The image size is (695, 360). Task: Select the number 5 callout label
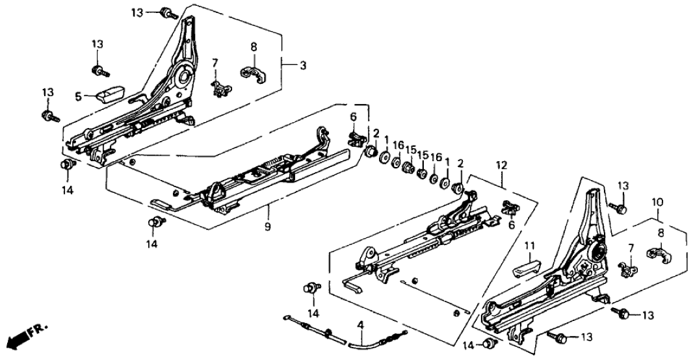click(78, 97)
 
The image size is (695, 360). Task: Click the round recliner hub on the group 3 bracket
click(181, 79)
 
